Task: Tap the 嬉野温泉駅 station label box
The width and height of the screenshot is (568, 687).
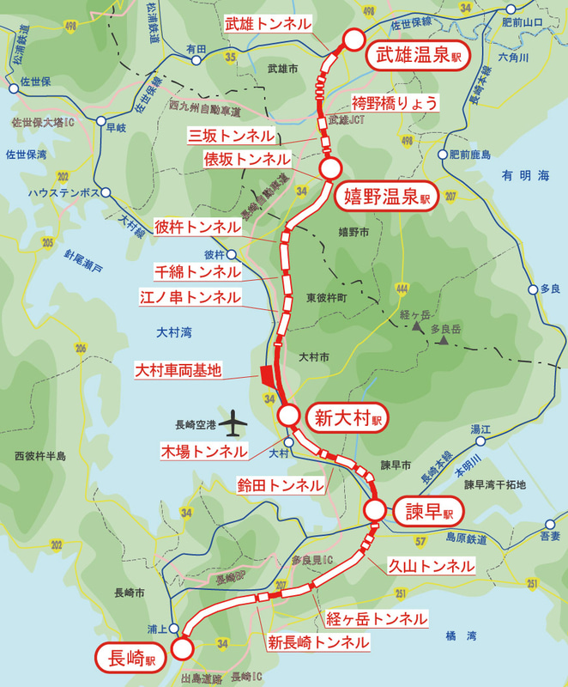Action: coord(385,197)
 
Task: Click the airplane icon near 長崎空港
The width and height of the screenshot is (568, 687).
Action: coord(233,423)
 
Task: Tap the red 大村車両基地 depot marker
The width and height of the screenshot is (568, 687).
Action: coord(265,375)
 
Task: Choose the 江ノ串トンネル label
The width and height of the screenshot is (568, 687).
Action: coord(190,298)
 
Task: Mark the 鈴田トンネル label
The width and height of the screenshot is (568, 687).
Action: coord(281,485)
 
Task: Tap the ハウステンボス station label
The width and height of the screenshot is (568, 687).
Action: coord(59,193)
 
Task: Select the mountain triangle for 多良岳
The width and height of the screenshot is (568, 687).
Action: coord(444,341)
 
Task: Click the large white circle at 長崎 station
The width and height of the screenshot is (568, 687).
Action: coord(183,647)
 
